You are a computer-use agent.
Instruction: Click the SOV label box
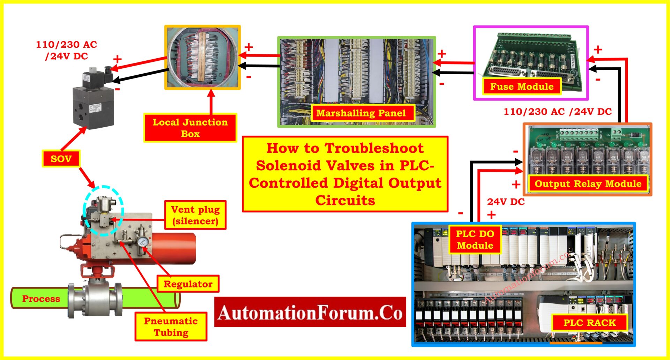pyautogui.click(x=61, y=159)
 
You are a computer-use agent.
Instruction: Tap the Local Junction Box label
pyautogui.click(x=190, y=128)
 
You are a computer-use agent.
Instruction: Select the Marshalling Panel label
pyautogui.click(x=361, y=113)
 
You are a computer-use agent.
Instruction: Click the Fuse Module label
pyautogui.click(x=522, y=87)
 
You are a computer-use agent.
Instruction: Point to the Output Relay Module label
pyautogui.click(x=588, y=184)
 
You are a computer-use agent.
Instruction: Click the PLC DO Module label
pyautogui.click(x=475, y=240)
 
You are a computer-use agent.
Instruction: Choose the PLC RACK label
pyautogui.click(x=589, y=323)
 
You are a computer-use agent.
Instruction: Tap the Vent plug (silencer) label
pyautogui.click(x=195, y=215)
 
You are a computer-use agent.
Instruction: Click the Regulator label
pyautogui.click(x=188, y=284)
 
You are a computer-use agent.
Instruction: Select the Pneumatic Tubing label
pyautogui.click(x=171, y=327)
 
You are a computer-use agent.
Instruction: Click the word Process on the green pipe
pyautogui.click(x=41, y=299)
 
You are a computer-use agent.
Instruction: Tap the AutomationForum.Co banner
pyautogui.click(x=310, y=312)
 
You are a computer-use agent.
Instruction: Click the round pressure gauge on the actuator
pyautogui.click(x=143, y=241)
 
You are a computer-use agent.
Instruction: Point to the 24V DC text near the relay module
pyautogui.click(x=506, y=202)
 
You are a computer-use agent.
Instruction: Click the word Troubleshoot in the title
pyautogui.click(x=374, y=148)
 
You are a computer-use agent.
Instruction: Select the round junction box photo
pyautogui.click(x=202, y=57)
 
